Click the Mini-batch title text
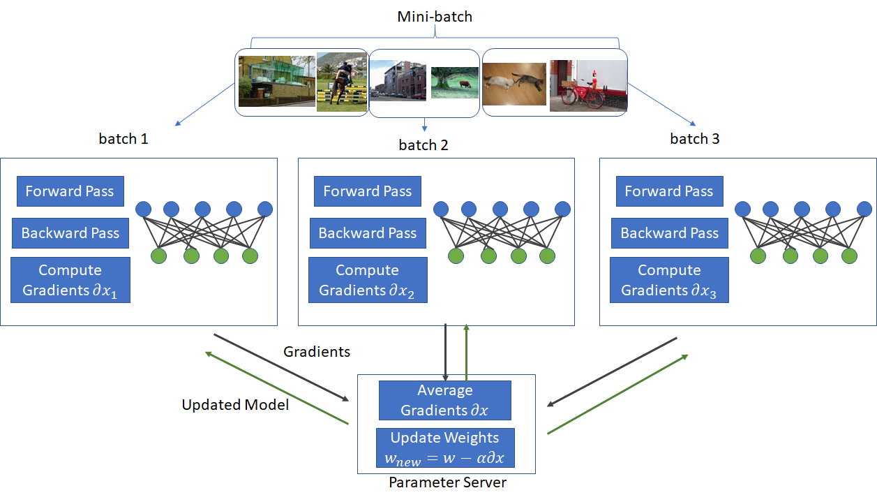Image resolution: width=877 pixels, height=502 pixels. click(435, 17)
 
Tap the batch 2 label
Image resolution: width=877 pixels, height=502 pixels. click(423, 145)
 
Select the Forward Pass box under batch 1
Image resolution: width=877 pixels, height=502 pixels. click(70, 191)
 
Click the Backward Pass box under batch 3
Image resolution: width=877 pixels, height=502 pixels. click(670, 233)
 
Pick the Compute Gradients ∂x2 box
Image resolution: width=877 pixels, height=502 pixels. click(368, 280)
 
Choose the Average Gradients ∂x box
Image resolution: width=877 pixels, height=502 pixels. click(444, 400)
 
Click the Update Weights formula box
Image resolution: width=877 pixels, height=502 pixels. click(445, 448)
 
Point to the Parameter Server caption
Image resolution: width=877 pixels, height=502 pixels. click(447, 482)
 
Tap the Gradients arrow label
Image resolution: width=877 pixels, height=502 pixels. click(317, 352)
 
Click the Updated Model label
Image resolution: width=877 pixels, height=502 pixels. click(235, 405)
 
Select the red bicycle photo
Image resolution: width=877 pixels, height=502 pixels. click(588, 85)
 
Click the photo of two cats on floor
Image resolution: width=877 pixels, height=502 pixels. click(514, 84)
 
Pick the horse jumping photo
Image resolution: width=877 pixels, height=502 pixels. click(342, 82)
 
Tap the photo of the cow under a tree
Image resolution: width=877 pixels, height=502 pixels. click(455, 82)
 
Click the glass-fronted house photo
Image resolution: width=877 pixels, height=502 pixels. click(277, 81)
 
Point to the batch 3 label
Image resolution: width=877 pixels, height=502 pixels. click(694, 139)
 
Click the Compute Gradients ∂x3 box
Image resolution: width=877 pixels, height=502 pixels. click(669, 280)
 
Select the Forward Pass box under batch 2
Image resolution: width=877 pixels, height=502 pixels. click(368, 191)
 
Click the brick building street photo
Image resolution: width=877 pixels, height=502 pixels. click(398, 80)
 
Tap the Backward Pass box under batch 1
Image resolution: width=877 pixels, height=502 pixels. click(70, 233)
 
